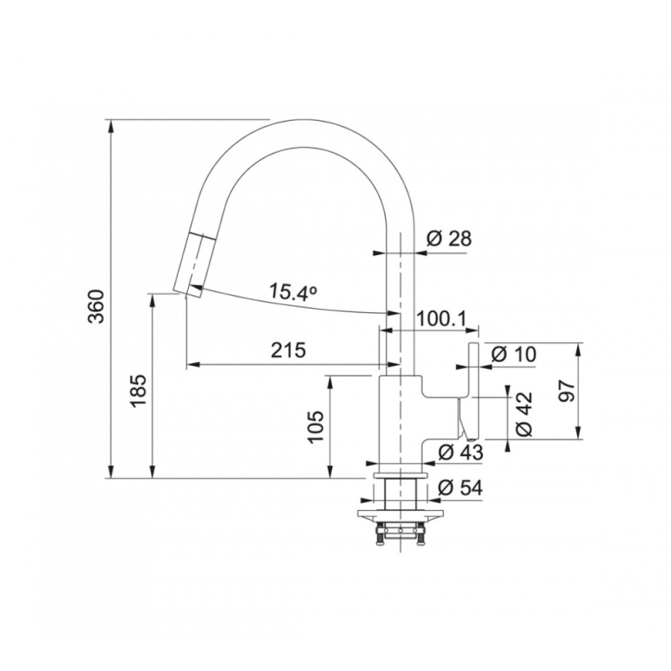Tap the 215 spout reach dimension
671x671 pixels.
point(285,350)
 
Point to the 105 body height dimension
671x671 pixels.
point(316,426)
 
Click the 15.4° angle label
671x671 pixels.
point(293,293)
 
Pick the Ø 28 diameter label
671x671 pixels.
point(449,238)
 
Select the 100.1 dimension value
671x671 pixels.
point(446,318)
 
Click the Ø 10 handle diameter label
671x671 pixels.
point(512,354)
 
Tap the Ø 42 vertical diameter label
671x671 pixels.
point(524,414)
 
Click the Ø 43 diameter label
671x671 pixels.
point(461,453)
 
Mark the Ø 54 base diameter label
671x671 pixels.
point(460,487)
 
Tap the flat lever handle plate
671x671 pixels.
point(473,391)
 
